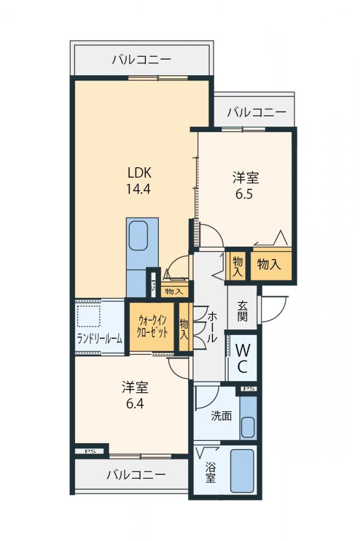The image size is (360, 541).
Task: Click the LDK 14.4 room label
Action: [138, 181]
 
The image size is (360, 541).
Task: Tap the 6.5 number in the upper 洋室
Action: [244, 194]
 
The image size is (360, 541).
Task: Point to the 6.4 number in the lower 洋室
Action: [135, 403]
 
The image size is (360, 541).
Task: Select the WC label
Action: [242, 359]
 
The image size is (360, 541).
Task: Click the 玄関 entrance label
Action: [242, 311]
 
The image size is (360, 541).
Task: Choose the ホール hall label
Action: [212, 327]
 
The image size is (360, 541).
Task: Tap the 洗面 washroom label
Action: [221, 415]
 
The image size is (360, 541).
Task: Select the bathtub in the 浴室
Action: [242, 471]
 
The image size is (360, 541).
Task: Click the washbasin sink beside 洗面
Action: [248, 427]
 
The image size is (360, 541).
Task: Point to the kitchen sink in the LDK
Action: [138, 236]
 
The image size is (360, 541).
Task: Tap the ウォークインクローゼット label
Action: [152, 326]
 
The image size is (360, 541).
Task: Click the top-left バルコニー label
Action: [142, 60]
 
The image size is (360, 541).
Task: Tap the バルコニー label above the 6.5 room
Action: [257, 113]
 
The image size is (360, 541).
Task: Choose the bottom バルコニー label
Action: [136, 475]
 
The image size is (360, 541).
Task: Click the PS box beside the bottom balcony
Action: [90, 451]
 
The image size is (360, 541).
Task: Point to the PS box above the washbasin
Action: [249, 389]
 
